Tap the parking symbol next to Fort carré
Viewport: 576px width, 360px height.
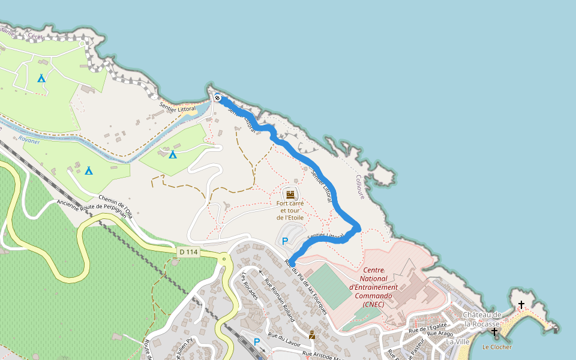tap(285, 241)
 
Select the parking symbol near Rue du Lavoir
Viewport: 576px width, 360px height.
tap(257, 342)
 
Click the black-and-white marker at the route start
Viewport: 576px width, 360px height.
tap(218, 98)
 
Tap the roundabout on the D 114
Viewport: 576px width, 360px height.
tap(224, 259)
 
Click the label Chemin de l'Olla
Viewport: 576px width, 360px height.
tap(115, 206)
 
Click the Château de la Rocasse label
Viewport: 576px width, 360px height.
tap(481, 319)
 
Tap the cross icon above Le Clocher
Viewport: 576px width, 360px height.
tap(494, 332)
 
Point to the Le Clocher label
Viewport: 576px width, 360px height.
tap(497, 347)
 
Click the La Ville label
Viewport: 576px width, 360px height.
tap(458, 341)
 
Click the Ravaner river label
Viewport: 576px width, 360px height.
tap(29, 139)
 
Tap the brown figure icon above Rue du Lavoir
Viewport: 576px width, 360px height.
tap(312, 335)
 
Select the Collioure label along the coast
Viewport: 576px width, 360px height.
tap(360, 187)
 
